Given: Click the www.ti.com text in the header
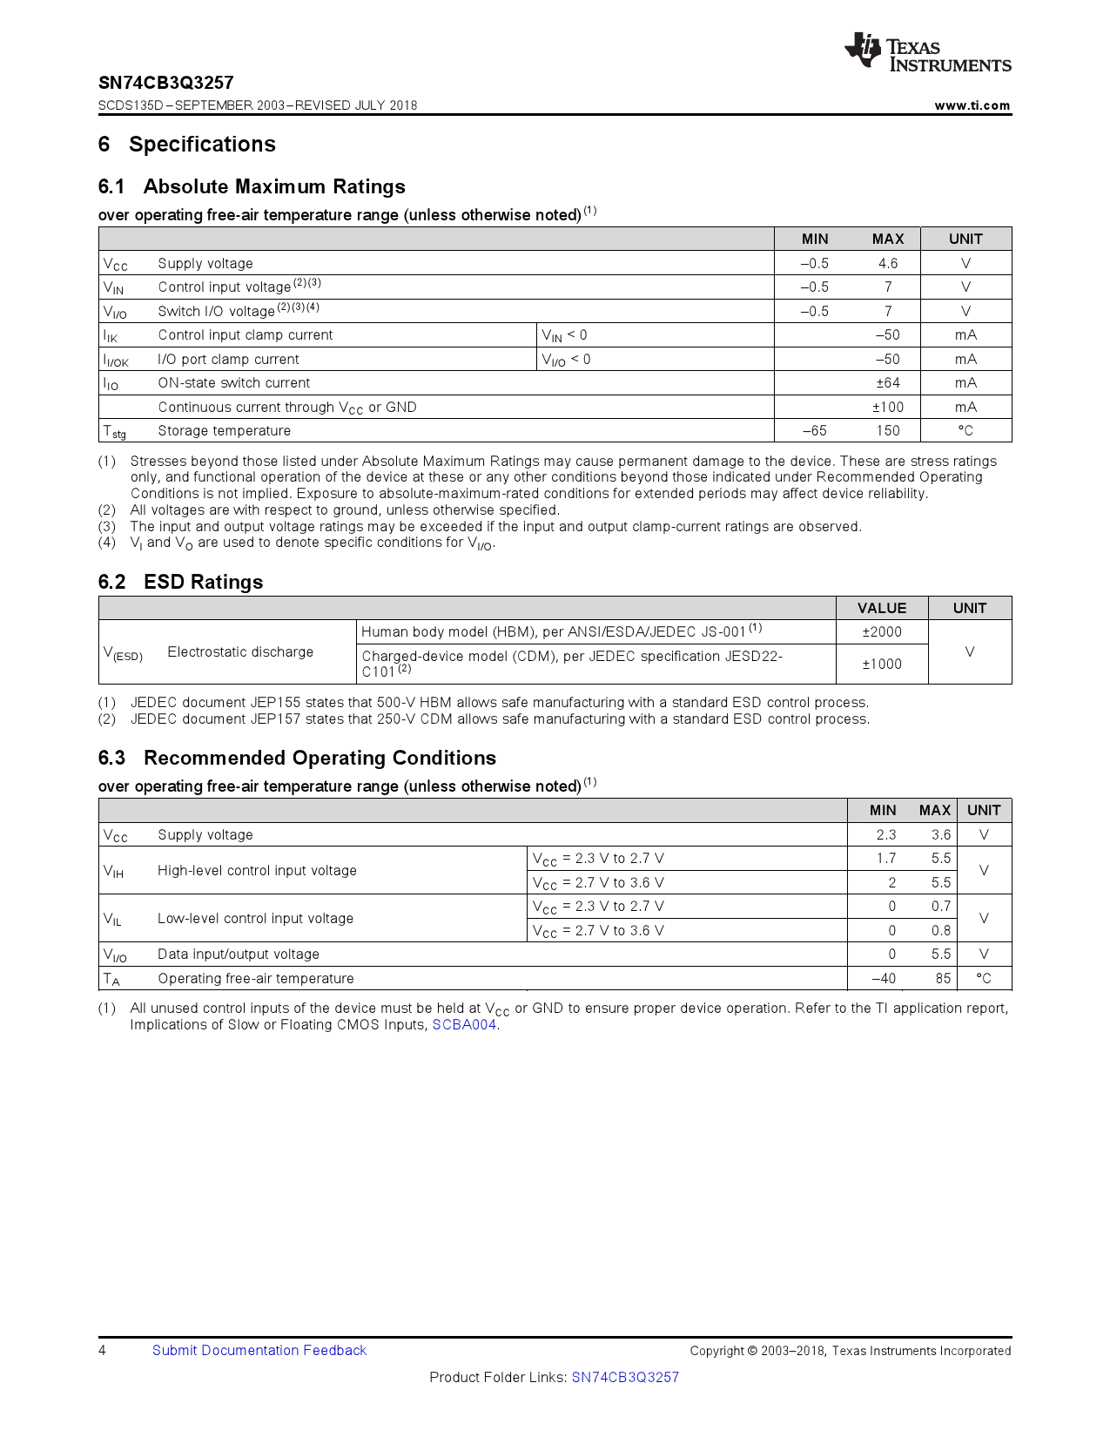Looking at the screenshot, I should click(x=972, y=105).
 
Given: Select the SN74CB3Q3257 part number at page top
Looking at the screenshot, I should click(x=165, y=83).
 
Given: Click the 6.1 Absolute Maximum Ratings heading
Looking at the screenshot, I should click(x=252, y=186).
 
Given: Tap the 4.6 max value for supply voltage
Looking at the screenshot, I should click(x=887, y=263).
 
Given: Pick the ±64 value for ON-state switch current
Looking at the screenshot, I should click(x=887, y=383).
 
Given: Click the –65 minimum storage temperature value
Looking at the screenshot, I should click(x=814, y=431).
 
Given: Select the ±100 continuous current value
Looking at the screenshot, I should click(x=887, y=407).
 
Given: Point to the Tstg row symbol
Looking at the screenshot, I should click(x=114, y=431).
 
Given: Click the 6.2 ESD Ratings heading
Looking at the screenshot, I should click(x=180, y=582).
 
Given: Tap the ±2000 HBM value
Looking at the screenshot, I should click(x=881, y=632).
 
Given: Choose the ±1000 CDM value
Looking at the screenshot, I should click(x=881, y=664).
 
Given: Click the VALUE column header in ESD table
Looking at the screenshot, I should click(x=881, y=608).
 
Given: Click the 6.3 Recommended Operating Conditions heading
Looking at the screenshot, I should click(x=297, y=758).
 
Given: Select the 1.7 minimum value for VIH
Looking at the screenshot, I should click(x=885, y=859).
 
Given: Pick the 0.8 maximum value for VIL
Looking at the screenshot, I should click(x=940, y=930).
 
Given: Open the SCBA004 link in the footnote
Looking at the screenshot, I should click(x=464, y=1025).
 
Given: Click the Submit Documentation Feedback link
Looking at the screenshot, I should click(x=259, y=1350).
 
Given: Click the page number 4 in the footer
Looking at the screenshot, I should click(x=103, y=1350).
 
